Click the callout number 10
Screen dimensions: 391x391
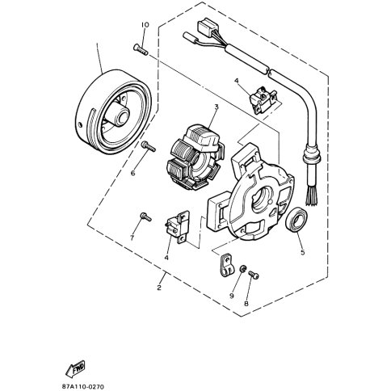(x=145, y=25)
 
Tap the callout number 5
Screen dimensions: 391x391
(x=302, y=251)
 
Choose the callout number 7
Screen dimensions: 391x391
(x=132, y=238)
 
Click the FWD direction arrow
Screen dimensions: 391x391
(x=78, y=368)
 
